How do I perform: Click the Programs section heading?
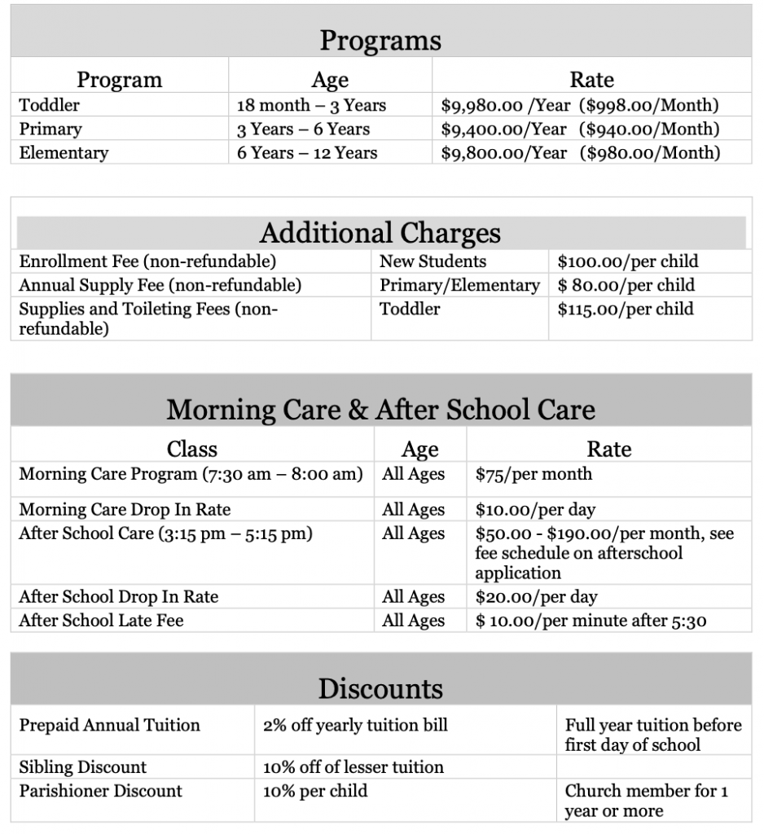pos(380,40)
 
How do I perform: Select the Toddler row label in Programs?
pos(50,105)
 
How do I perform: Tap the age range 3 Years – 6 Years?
pos(303,129)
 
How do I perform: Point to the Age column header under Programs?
pos(330,80)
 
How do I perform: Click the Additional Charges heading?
pos(380,233)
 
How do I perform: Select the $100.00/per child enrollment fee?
pos(627,261)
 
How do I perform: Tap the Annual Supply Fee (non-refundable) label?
pos(160,285)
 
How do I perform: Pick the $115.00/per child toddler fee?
pos(625,309)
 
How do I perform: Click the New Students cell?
pos(432,261)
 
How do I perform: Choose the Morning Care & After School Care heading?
pos(380,409)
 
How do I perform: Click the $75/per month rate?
pos(533,474)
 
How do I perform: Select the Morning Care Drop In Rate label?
pos(125,510)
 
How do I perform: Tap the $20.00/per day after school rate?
pos(536,596)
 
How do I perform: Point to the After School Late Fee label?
pos(101,620)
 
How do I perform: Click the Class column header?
pos(192,449)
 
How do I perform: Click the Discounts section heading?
pos(380,688)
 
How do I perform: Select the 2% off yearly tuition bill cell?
pos(355,725)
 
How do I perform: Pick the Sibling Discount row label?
pos(83,767)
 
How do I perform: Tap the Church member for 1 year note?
pos(646,801)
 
